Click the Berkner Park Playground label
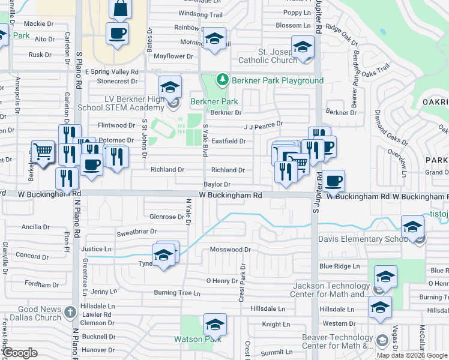coord(277,80)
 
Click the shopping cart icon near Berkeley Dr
coord(43,153)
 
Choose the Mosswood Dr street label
coord(229,249)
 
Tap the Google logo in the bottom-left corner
coord(20,353)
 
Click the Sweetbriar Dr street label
coord(136,231)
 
